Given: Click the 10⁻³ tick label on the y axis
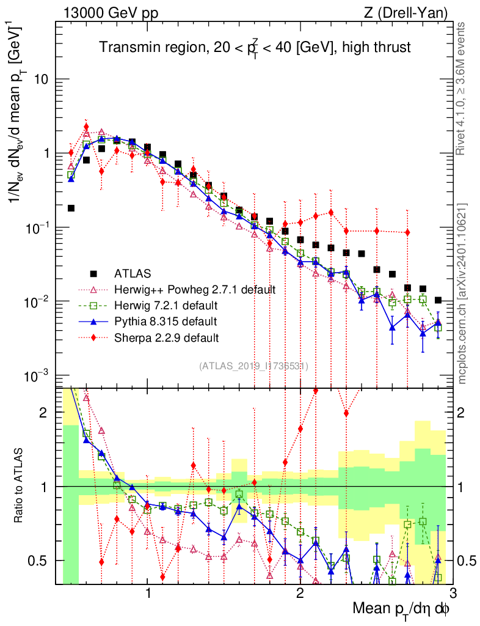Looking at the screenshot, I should [38, 375].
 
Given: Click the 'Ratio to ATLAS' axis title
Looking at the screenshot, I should [20, 486].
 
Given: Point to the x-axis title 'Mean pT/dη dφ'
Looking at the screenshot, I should [401, 609].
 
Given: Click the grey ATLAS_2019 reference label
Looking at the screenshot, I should [253, 366].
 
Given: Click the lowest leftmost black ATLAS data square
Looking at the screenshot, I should [71, 208].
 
